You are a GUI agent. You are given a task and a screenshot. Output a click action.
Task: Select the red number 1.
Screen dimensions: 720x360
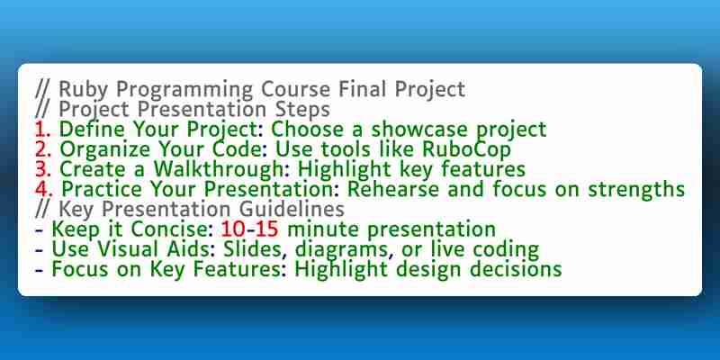click(42, 130)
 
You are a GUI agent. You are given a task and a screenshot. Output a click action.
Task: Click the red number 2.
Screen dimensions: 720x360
click(43, 149)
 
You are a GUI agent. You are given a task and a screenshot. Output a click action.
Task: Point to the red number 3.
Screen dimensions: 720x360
click(43, 169)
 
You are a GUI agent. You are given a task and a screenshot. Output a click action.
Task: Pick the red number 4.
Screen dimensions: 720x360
click(44, 190)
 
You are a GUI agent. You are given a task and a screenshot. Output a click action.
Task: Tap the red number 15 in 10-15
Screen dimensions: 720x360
click(267, 229)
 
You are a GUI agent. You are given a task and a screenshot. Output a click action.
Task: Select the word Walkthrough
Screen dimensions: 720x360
click(218, 169)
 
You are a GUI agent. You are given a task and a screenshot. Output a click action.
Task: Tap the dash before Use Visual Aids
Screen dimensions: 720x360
click(40, 251)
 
